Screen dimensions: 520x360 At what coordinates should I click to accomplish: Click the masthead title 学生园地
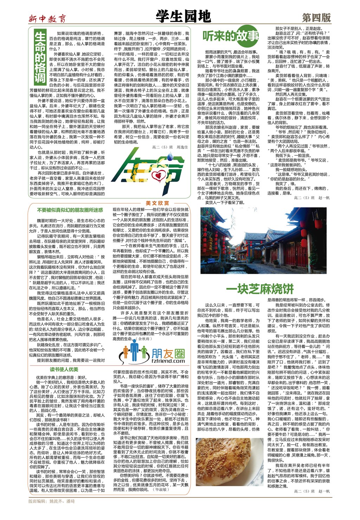click(x=183, y=17)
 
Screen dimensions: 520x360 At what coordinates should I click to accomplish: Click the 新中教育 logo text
click(x=47, y=19)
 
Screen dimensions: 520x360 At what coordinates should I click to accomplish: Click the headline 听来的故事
click(x=230, y=36)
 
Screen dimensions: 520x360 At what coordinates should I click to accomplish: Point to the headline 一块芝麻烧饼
click(x=260, y=289)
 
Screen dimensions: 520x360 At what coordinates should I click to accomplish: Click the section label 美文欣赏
click(x=157, y=203)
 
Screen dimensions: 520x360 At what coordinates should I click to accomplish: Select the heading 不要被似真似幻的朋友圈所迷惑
click(x=70, y=210)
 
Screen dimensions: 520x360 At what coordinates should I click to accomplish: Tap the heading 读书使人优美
click(x=64, y=369)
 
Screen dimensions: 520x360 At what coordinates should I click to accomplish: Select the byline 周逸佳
click(x=182, y=147)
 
